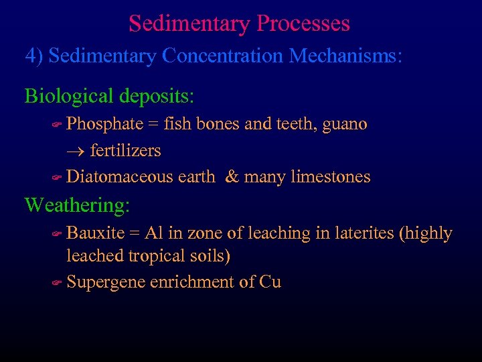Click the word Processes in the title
(303, 24)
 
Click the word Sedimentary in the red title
(189, 24)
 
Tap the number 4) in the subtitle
(34, 56)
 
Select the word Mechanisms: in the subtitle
(346, 56)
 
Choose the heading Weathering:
(77, 205)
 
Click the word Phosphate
(105, 125)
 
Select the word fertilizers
(126, 151)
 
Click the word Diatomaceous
(141, 177)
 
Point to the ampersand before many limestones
(232, 177)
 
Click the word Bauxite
(96, 233)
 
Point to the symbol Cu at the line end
(270, 282)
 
